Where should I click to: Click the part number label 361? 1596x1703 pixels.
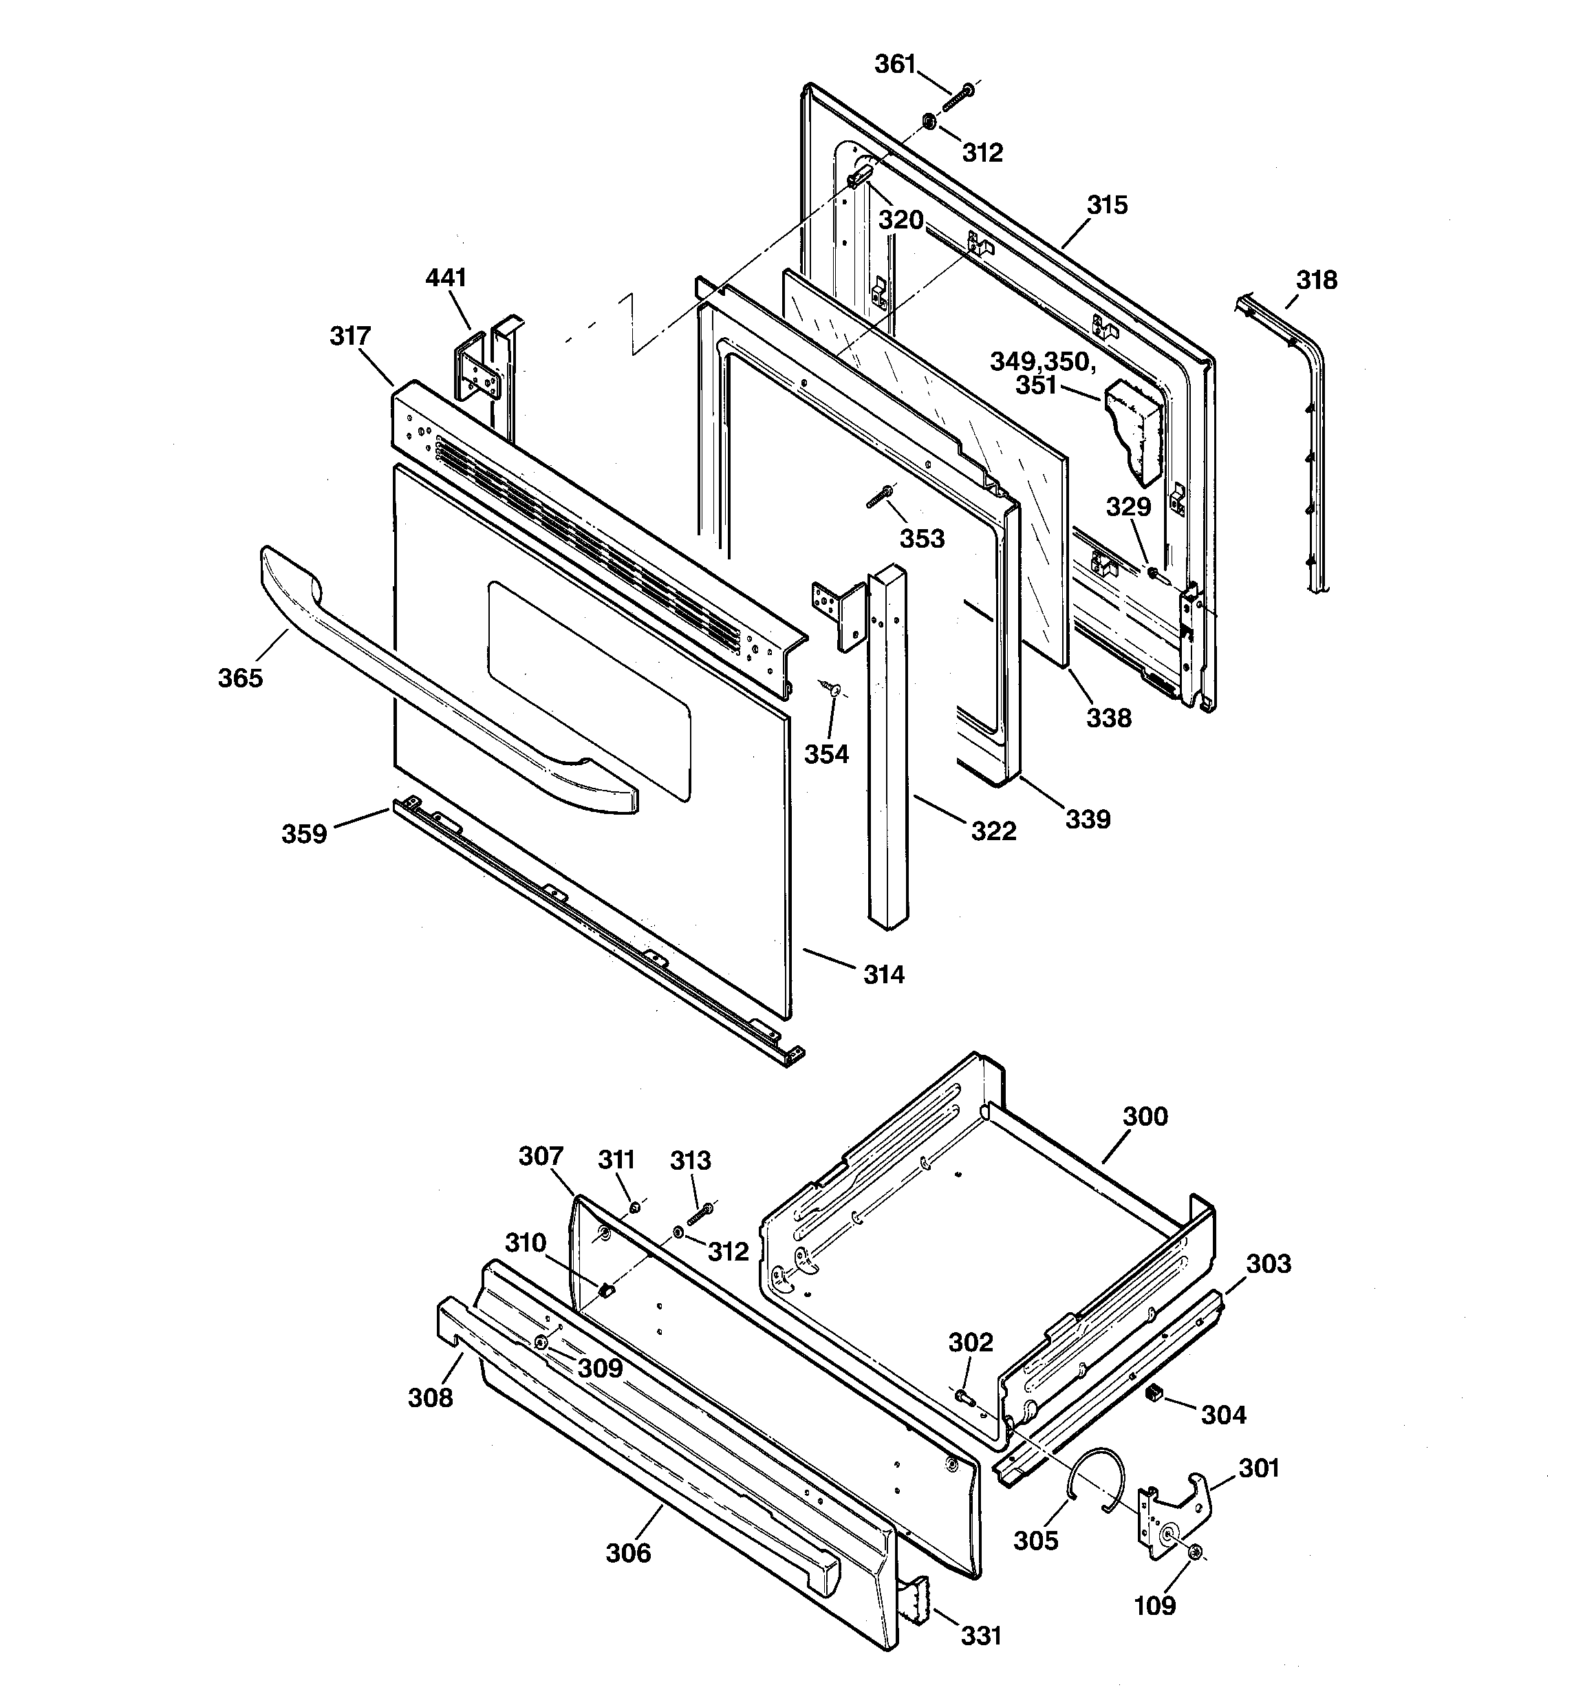pyautogui.click(x=894, y=64)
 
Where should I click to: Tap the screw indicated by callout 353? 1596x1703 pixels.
pyautogui.click(x=879, y=496)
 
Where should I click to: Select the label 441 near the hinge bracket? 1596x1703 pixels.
pyautogui.click(x=446, y=277)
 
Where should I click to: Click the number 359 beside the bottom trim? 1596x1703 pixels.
pyautogui.click(x=304, y=833)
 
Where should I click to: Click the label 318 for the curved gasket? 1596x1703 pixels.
pyautogui.click(x=1316, y=280)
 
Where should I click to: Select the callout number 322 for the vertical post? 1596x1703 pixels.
pyautogui.click(x=993, y=830)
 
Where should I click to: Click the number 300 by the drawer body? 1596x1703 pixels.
pyautogui.click(x=1145, y=1116)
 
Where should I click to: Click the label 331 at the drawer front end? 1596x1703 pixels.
pyautogui.click(x=980, y=1636)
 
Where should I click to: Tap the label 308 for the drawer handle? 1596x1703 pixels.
pyautogui.click(x=429, y=1397)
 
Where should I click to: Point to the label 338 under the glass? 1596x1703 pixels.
pyautogui.click(x=1108, y=718)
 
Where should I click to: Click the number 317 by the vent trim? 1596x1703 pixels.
pyautogui.click(x=349, y=336)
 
